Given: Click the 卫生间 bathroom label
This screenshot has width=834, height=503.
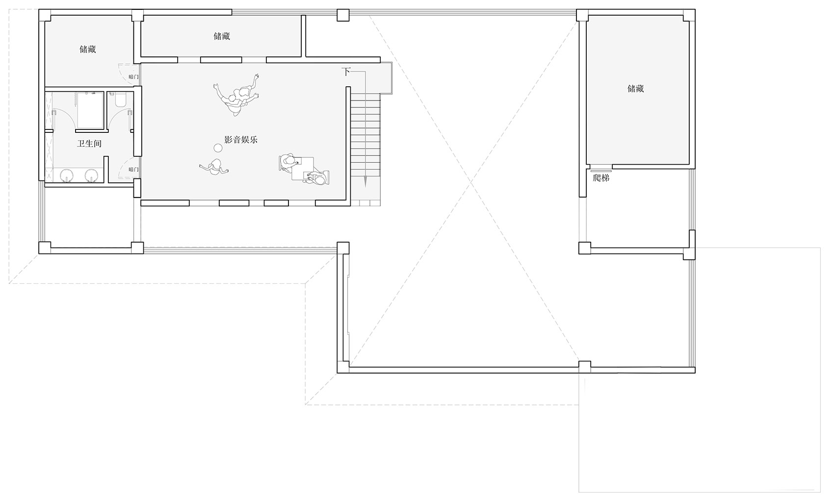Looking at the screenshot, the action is point(89,144).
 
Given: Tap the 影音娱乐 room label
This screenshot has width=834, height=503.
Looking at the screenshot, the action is point(241,140).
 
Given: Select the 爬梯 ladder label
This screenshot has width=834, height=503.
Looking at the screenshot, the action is point(601,178).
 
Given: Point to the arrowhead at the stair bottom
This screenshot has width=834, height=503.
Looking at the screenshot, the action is point(365,181).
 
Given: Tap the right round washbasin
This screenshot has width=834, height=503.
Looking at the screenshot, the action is point(92,175).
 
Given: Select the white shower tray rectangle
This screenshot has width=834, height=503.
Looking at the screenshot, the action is point(90,110).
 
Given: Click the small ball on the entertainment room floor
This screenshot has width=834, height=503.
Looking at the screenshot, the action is point(218,148).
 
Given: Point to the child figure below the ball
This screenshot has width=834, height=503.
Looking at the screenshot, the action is point(214,167).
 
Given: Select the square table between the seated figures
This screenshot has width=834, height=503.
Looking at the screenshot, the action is point(302,169).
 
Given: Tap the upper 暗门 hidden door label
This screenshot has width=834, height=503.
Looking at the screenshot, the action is point(133,77).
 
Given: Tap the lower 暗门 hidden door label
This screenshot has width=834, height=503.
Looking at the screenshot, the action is point(133,170).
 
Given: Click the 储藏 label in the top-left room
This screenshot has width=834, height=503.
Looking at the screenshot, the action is point(88,50).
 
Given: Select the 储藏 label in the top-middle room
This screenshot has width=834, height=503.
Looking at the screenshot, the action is point(222,36).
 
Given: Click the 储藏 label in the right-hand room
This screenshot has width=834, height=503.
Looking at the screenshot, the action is point(635,89).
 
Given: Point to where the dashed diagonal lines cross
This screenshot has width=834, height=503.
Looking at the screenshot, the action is point(471,182).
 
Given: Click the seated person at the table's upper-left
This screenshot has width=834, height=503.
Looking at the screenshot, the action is point(288,163).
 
